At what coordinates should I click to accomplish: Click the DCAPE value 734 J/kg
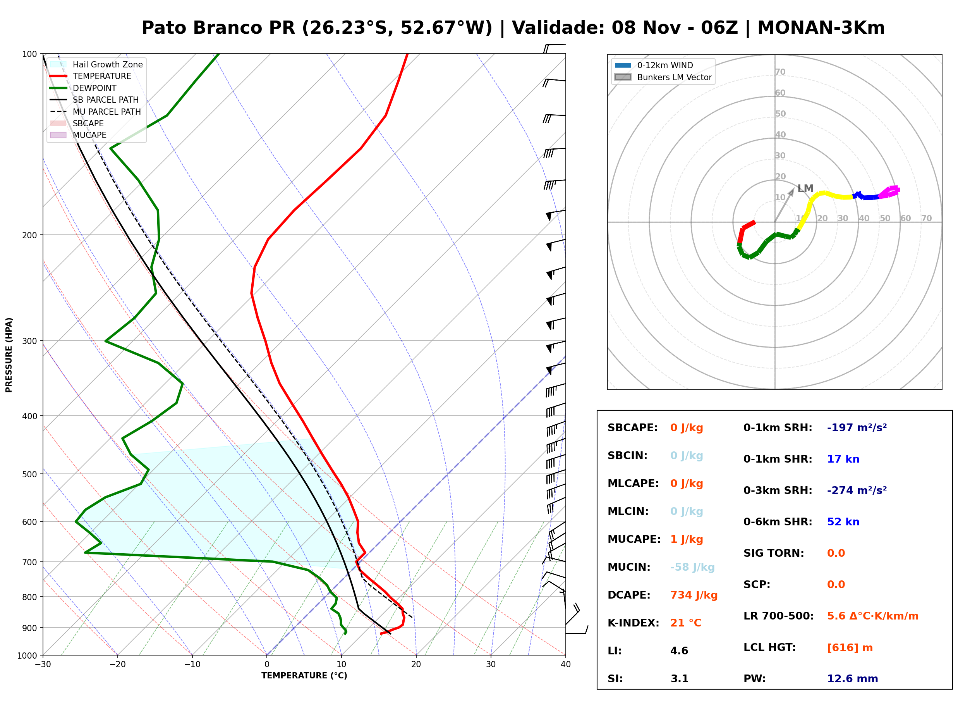[694, 595]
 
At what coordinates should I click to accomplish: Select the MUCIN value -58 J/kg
[692, 567]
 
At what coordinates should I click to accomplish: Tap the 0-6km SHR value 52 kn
[843, 522]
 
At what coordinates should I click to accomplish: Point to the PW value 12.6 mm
[853, 679]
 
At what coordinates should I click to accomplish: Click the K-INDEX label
[634, 623]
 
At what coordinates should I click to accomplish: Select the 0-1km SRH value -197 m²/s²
[857, 428]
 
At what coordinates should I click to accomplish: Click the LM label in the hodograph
[805, 188]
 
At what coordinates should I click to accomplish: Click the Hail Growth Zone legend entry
[96, 64]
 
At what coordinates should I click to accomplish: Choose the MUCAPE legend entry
[79, 135]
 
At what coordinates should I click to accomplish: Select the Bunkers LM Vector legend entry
[663, 77]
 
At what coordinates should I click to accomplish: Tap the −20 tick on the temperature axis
[117, 665]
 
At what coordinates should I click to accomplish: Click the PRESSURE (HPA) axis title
[9, 355]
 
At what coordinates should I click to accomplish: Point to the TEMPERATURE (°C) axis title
[304, 676]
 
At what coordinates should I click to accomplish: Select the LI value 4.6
[679, 651]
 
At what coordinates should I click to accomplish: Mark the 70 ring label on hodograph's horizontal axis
[926, 218]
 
